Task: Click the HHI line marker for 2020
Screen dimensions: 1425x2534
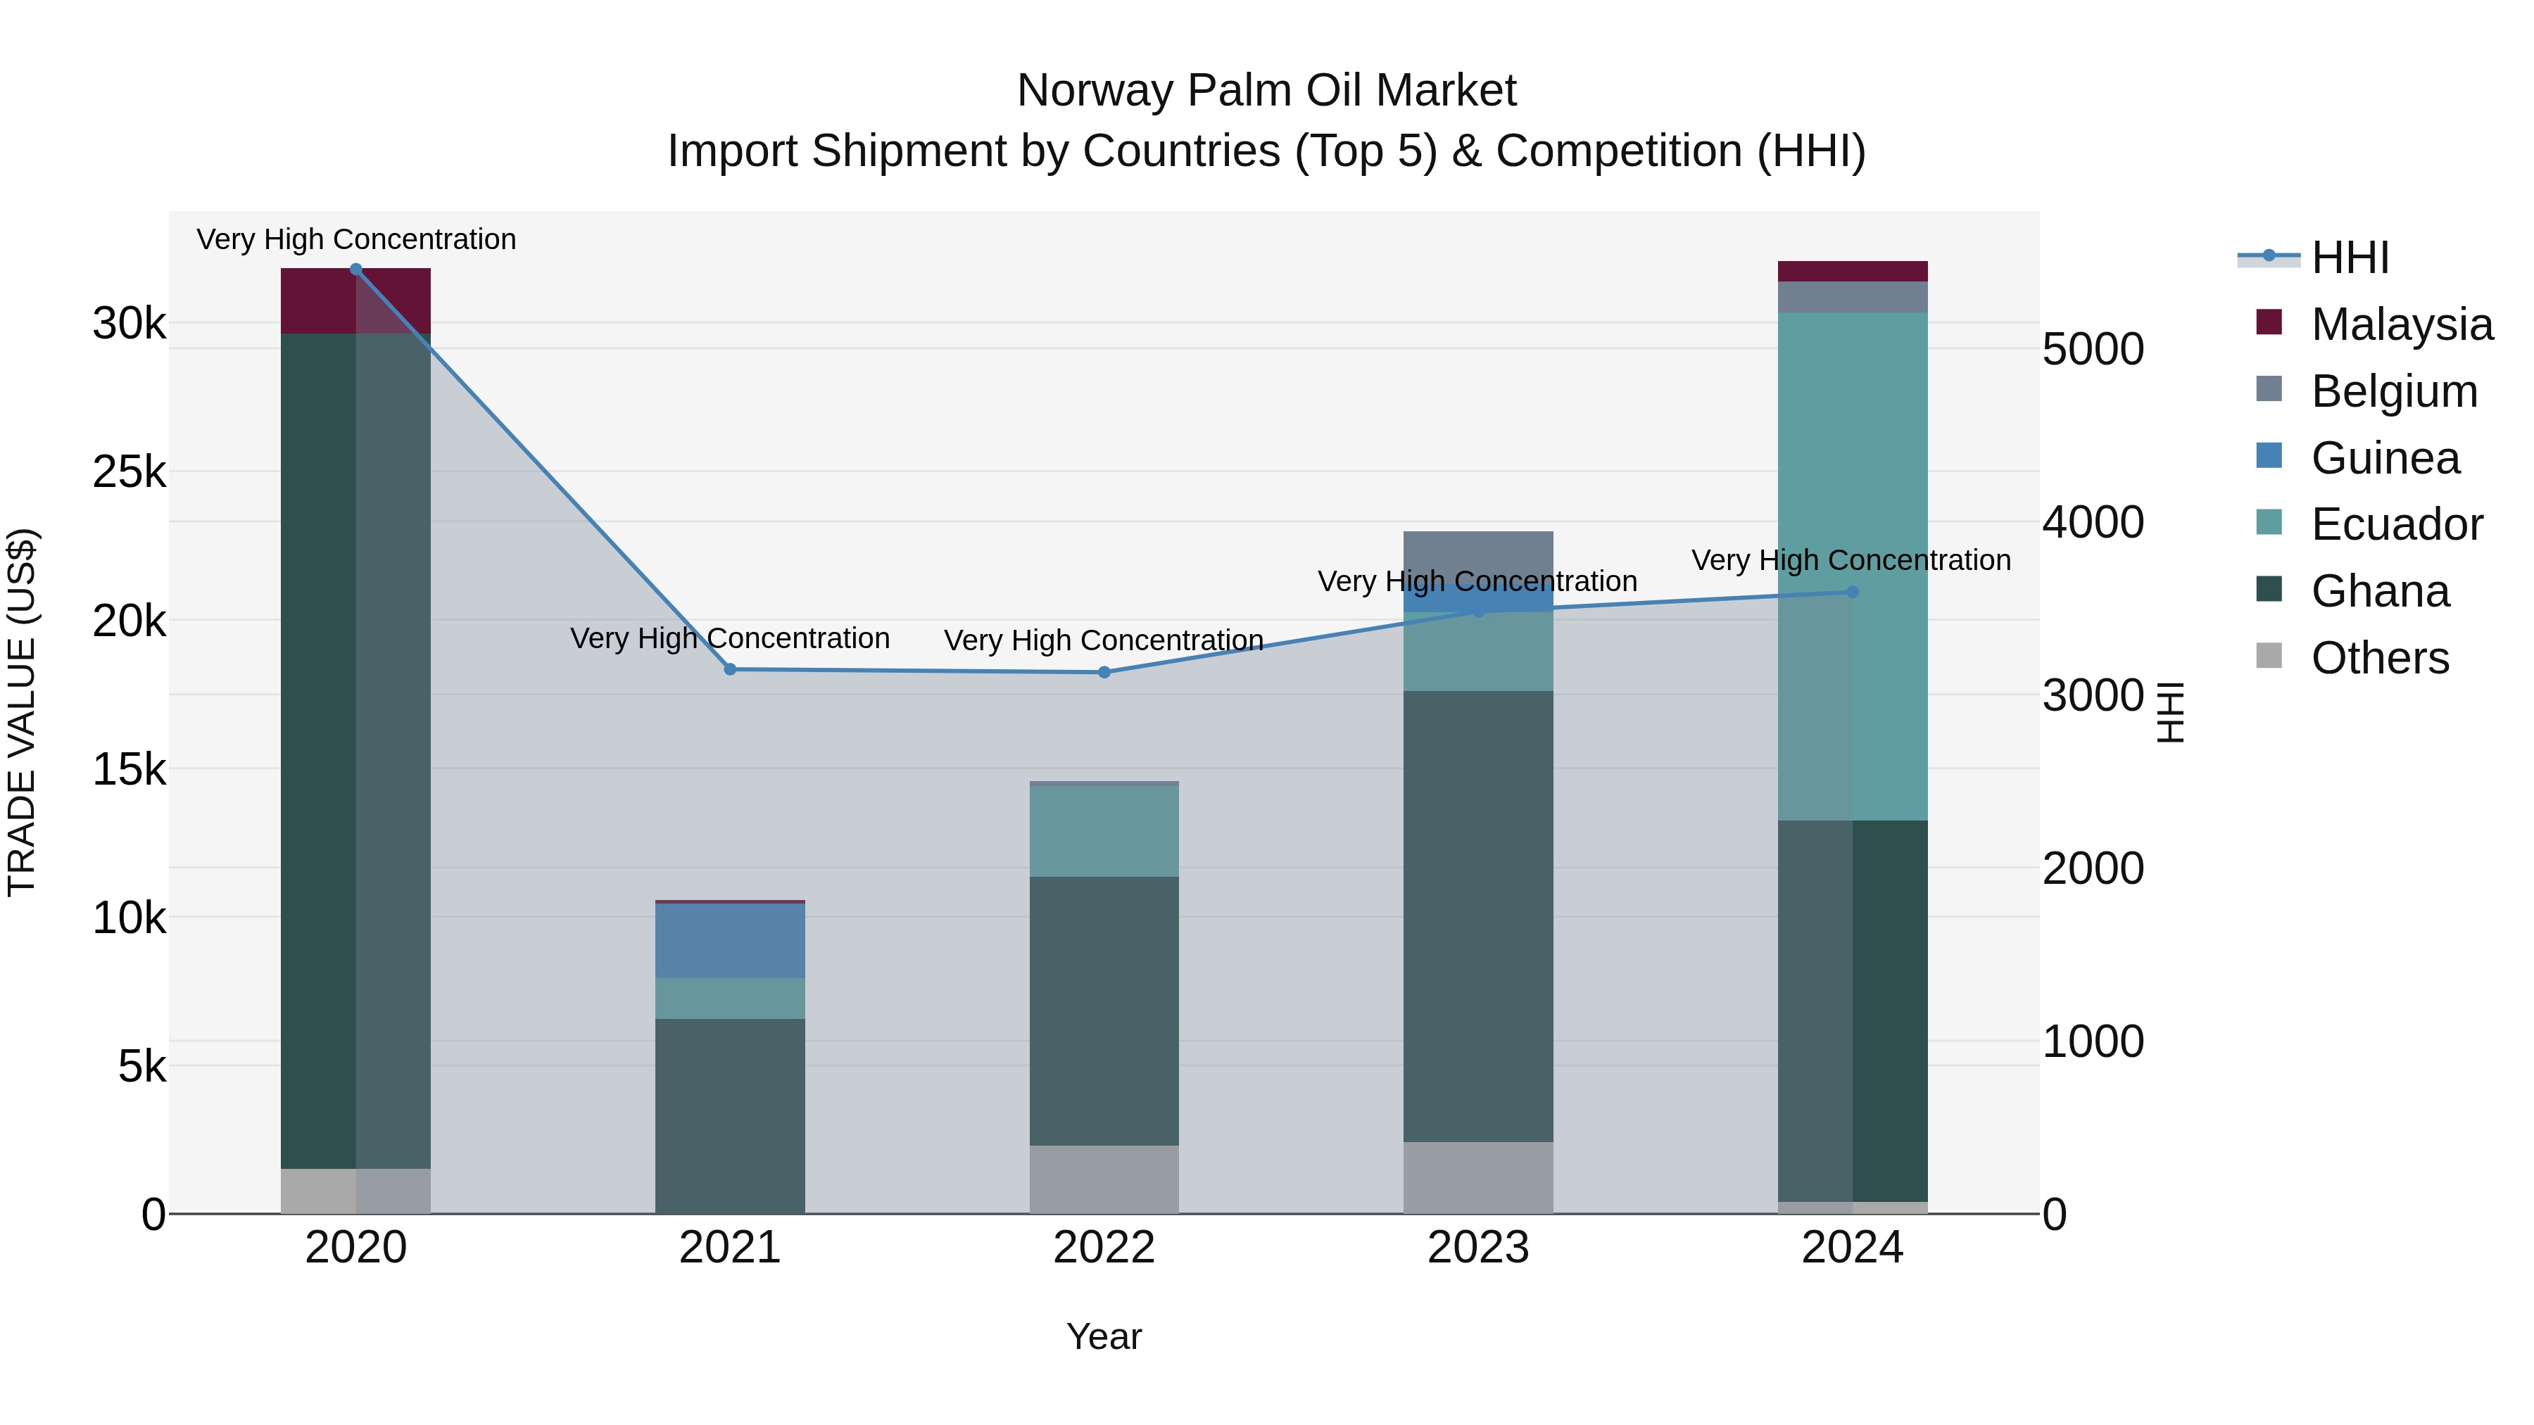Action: click(356, 270)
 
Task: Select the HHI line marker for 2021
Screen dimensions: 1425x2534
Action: click(730, 670)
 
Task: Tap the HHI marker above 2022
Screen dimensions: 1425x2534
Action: click(1104, 673)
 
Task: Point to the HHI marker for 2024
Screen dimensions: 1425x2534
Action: click(1853, 592)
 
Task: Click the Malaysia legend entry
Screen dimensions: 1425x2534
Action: click(2400, 324)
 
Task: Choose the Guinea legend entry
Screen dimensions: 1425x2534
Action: click(2385, 458)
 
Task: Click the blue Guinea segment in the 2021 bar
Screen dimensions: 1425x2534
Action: click(730, 940)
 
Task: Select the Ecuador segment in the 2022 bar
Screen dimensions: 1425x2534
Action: click(1104, 831)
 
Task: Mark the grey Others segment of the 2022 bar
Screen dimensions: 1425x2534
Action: click(1104, 1179)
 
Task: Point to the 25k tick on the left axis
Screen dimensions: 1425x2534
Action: click(129, 472)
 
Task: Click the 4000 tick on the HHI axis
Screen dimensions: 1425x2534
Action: click(2093, 522)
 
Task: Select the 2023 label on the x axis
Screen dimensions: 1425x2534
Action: click(1478, 1248)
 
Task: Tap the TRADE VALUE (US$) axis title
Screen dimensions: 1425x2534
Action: click(23, 712)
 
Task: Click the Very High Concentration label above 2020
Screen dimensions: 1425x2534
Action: click(356, 240)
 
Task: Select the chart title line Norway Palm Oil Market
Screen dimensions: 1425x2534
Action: click(1266, 91)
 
